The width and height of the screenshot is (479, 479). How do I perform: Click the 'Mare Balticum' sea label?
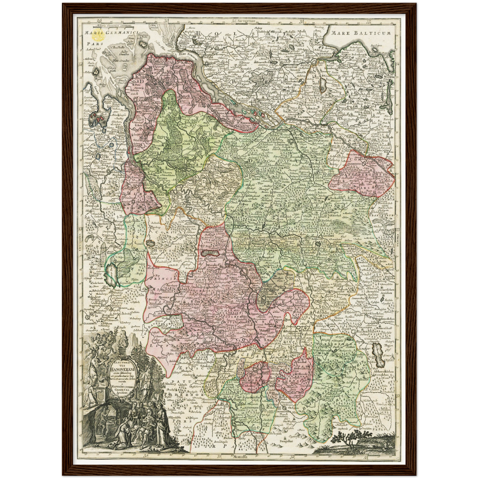pos(361,33)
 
